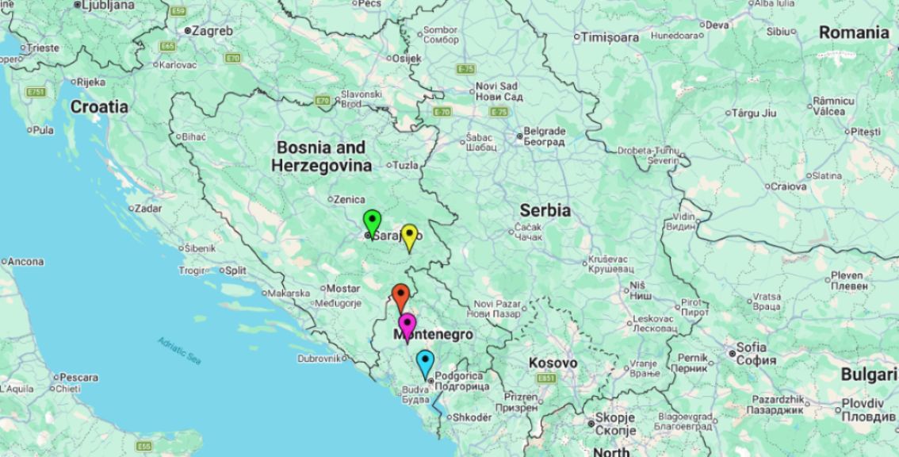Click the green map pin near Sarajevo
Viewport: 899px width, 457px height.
click(x=372, y=221)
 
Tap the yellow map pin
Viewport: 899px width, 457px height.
click(x=409, y=236)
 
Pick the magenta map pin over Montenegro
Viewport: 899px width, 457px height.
click(x=407, y=325)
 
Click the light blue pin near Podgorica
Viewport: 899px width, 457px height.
click(x=426, y=362)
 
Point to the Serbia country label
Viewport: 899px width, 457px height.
click(x=545, y=211)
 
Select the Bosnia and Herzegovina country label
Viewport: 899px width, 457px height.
click(x=321, y=157)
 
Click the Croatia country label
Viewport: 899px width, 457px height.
click(x=99, y=106)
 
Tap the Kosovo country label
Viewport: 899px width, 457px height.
click(x=553, y=363)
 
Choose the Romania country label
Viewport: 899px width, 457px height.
click(x=854, y=33)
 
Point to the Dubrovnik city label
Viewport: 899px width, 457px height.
click(x=318, y=359)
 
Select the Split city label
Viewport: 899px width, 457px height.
click(x=235, y=271)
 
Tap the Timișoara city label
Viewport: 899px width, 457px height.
click(x=610, y=37)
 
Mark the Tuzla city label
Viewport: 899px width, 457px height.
click(x=406, y=166)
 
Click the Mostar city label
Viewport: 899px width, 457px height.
click(x=343, y=288)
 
